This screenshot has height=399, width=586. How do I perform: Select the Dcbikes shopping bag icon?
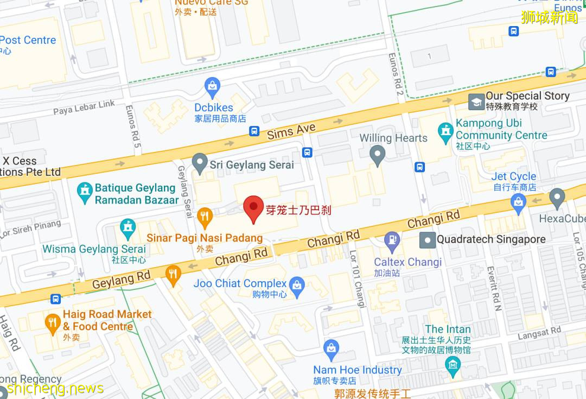pos(213,86)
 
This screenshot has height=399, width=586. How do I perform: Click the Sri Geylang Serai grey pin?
pos(200,163)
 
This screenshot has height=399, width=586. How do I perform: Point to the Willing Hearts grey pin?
pos(378,155)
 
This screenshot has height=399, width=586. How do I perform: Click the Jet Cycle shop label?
pos(513,177)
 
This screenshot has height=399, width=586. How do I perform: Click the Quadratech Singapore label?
pos(491,239)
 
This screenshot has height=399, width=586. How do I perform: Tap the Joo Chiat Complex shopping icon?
pos(297,286)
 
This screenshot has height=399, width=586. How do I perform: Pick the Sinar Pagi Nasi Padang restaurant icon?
pos(204,218)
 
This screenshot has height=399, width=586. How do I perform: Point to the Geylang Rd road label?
pos(121,280)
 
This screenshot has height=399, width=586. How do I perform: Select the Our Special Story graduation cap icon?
pos(476,102)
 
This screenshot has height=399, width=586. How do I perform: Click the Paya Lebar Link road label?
pos(84,107)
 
